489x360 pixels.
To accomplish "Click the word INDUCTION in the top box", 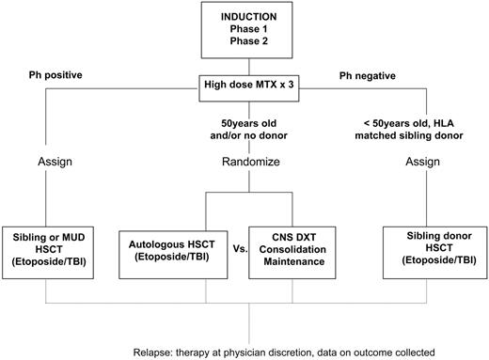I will click(x=249, y=17).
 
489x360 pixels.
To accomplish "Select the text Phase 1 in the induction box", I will click(x=249, y=30).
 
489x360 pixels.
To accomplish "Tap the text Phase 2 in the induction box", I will click(x=249, y=43).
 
